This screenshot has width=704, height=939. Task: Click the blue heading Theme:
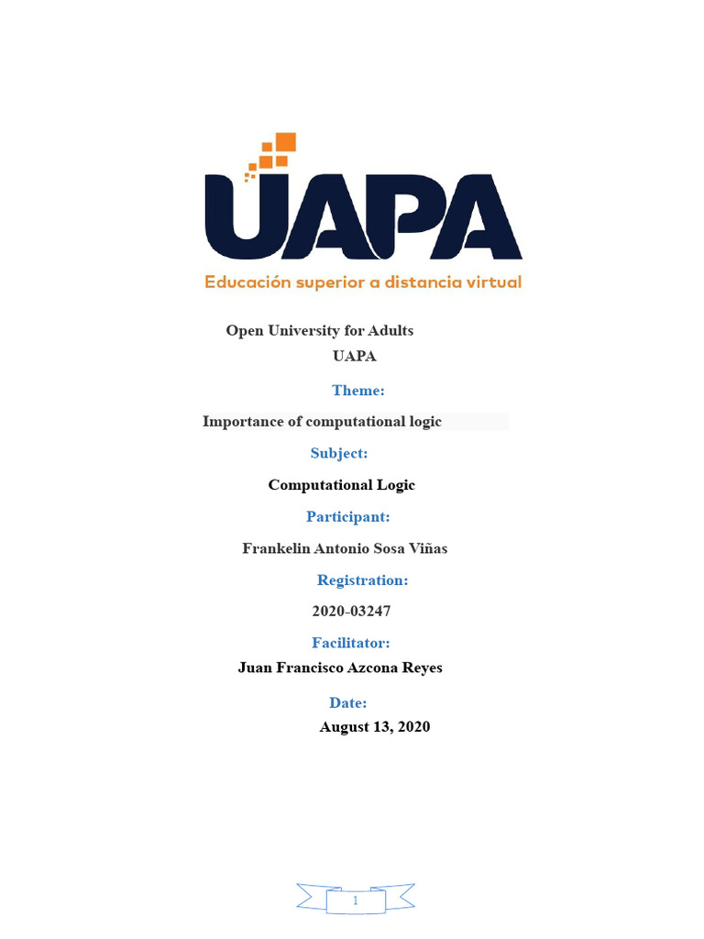[357, 391]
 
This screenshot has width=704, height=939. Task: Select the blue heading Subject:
[339, 453]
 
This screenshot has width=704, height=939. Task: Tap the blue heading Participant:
[348, 517]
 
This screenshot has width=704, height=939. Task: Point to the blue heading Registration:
[362, 580]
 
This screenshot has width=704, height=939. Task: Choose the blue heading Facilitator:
[351, 643]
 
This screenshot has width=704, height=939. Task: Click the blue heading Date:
[348, 703]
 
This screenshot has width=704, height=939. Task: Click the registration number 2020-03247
[352, 612]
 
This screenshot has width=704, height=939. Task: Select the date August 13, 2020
[374, 727]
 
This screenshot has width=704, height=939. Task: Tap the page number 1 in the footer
[355, 901]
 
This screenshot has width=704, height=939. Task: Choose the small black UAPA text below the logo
[354, 357]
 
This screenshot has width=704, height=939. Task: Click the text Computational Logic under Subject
[341, 485]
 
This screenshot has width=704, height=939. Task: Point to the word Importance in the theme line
[241, 422]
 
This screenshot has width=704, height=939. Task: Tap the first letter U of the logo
[244, 217]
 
